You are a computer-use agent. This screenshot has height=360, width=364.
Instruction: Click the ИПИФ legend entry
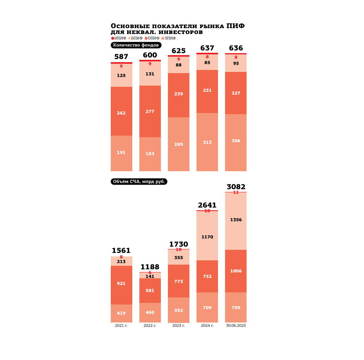pos(119,38)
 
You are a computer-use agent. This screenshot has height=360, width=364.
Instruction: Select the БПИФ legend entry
pos(135,38)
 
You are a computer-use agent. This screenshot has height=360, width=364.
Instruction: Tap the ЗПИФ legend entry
pos(169,38)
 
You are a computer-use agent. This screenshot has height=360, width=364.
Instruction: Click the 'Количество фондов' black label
pos(136,45)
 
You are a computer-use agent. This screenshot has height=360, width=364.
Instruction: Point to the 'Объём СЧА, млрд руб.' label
pos(139,182)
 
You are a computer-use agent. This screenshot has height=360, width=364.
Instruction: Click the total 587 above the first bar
pos(121,57)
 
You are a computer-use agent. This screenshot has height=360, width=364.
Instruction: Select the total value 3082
pos(236,187)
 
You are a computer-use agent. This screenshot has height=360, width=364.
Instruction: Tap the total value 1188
pos(150,267)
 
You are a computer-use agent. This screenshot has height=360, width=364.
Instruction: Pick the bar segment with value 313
pos(207,142)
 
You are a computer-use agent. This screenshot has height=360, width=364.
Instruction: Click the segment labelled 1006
pos(236,271)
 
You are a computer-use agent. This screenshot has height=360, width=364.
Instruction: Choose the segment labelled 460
pos(150,313)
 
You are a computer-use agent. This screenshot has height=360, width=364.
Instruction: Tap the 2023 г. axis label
pos(178,326)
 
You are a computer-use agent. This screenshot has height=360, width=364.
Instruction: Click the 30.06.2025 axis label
pos(236,326)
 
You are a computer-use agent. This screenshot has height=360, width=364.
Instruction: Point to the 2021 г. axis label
pos(121,326)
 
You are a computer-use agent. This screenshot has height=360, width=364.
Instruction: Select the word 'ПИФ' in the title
pos(236,26)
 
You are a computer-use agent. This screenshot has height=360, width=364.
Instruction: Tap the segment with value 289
pos(178,144)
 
